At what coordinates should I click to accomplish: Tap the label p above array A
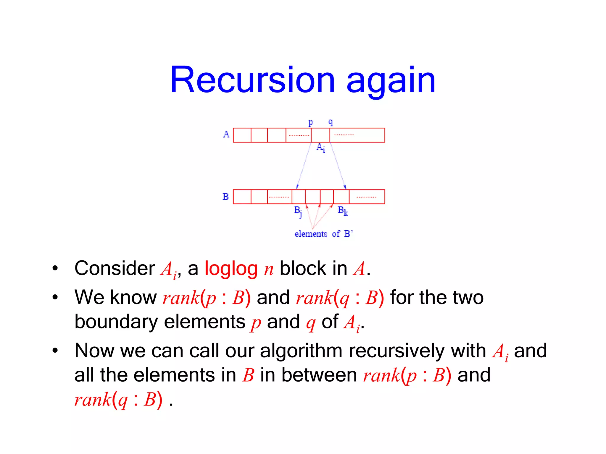[310, 122]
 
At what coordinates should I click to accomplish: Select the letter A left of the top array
[226, 134]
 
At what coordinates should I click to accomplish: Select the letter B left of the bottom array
[225, 197]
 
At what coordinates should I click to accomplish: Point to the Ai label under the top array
[321, 147]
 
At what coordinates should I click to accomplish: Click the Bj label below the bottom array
[298, 211]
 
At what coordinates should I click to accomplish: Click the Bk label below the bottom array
[343, 211]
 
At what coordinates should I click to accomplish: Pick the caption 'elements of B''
[323, 234]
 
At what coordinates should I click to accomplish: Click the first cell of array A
[242, 135]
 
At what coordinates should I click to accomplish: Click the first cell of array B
[242, 197]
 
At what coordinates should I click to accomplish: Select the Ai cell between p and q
[320, 135]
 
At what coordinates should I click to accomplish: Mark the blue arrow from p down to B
[304, 166]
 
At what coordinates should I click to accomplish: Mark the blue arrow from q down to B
[338, 166]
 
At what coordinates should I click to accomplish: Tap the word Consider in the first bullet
[115, 268]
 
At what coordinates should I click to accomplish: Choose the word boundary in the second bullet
[116, 322]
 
